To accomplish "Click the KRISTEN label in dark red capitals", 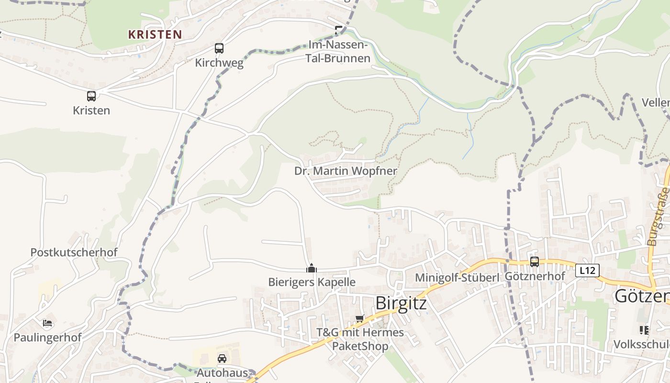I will click(x=155, y=34).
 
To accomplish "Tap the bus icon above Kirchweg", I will click(x=219, y=48).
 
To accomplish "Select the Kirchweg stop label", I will click(x=219, y=63).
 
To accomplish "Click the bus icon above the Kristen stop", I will click(x=91, y=96).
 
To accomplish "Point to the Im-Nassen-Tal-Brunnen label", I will click(x=338, y=52).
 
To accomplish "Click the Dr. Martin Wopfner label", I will click(x=346, y=171).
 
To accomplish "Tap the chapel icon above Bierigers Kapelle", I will click(x=312, y=268).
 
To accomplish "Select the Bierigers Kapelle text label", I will click(x=312, y=282).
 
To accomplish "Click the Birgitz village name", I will click(x=401, y=303).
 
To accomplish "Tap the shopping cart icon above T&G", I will click(x=360, y=319).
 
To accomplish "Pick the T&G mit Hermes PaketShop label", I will click(x=360, y=339).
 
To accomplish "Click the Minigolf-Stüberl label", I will click(x=457, y=278).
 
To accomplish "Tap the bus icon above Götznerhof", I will click(x=534, y=262).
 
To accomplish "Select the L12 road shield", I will click(x=587, y=270).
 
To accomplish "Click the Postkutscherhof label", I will click(x=74, y=252).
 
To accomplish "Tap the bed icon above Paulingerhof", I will click(x=47, y=323).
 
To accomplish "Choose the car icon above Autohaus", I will click(x=222, y=359).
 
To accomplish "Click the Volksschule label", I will click(x=641, y=344).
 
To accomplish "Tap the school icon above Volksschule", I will click(x=644, y=330).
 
